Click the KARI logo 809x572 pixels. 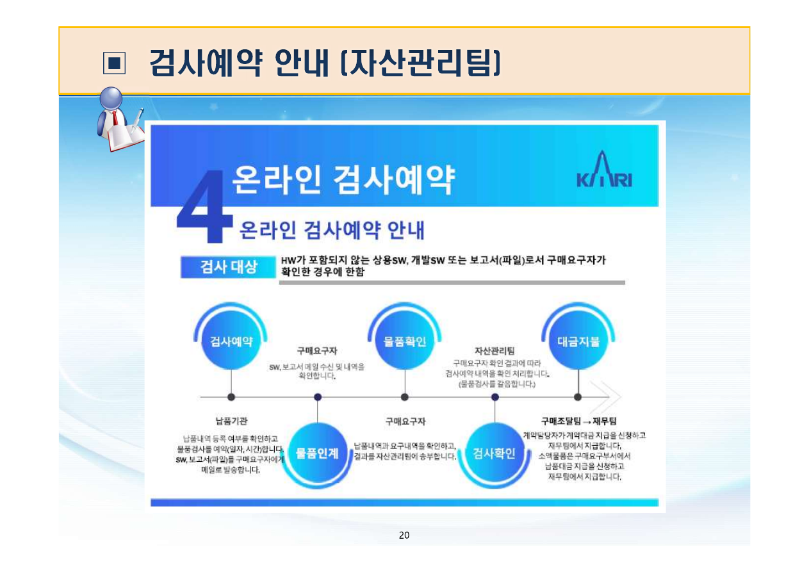click(605, 172)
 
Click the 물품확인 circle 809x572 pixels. click(404, 341)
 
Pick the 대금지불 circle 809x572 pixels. click(578, 341)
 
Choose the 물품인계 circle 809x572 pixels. click(318, 454)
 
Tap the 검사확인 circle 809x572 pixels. click(494, 454)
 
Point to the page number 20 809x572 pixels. click(404, 535)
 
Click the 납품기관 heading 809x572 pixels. click(231, 421)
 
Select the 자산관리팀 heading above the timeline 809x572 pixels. click(494, 351)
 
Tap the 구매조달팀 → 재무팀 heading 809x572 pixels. click(578, 421)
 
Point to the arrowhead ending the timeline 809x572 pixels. click(609, 396)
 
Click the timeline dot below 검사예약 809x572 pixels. click(231, 397)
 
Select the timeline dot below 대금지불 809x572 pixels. click(578, 397)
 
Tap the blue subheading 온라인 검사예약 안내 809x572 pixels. click(331, 230)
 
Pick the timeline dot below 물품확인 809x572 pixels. click(404, 397)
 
